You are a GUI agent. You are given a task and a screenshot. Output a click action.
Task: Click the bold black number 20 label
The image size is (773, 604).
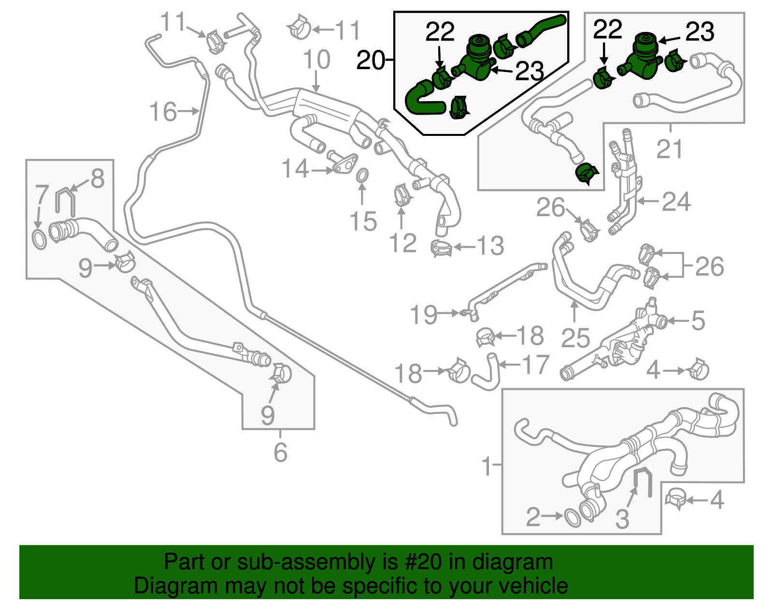coord(371,61)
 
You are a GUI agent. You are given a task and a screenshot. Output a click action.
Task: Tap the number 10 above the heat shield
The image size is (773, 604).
coord(316,60)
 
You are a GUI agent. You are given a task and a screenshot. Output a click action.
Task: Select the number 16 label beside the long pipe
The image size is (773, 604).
coord(163,112)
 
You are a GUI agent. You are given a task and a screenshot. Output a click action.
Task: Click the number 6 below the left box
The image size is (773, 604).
coord(280,453)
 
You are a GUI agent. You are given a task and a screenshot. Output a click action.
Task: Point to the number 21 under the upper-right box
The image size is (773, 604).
coord(670,149)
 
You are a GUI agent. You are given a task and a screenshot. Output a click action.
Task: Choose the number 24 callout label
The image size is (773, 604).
coord(676,202)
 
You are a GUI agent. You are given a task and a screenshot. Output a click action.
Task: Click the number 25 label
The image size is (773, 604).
coord(575,338)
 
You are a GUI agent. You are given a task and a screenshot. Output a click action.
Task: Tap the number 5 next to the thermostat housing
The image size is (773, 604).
coord(698,321)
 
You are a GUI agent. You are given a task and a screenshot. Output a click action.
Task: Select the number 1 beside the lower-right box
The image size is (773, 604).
coord(487,467)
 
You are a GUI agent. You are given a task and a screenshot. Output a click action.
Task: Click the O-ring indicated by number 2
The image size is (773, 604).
coord(573,517)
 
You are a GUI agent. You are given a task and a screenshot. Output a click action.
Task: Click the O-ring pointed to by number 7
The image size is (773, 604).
coord(39,239)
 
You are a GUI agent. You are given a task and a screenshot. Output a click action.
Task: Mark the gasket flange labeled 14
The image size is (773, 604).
coord(344,163)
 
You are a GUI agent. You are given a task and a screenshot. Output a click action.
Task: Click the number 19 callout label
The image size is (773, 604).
coord(423,315)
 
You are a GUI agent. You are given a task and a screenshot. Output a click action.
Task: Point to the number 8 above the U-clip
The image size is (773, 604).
coord(97,178)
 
